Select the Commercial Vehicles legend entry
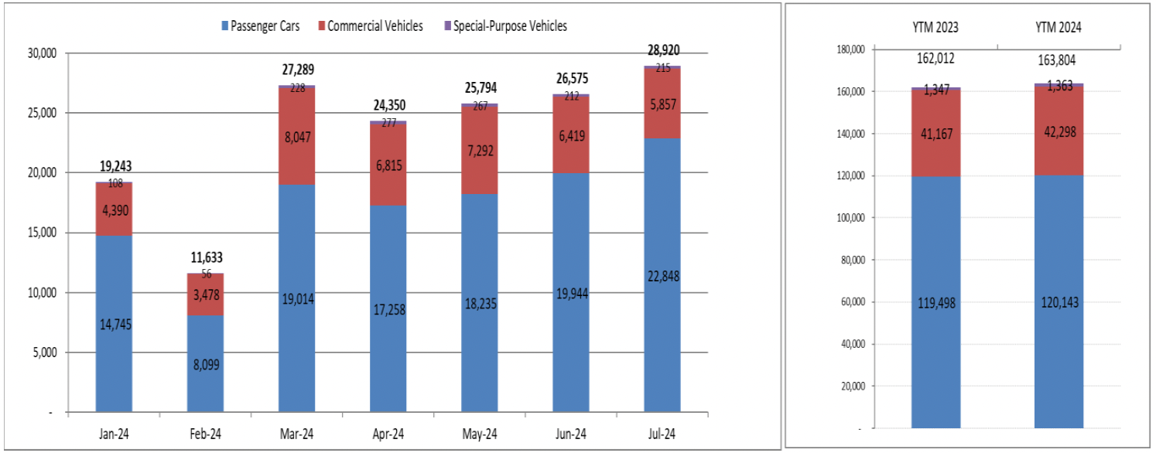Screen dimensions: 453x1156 click(x=375, y=26)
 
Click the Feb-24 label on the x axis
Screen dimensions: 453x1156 click(x=205, y=434)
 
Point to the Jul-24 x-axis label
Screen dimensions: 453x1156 click(x=662, y=434)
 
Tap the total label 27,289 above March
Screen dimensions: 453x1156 click(x=297, y=70)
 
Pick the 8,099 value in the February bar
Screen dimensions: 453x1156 click(x=205, y=364)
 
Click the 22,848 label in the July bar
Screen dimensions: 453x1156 click(x=662, y=275)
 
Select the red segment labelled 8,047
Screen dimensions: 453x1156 click(x=297, y=137)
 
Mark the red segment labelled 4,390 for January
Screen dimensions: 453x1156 click(x=114, y=209)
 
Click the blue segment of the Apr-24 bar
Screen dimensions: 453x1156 click(x=388, y=309)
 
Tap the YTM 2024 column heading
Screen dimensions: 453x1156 click(x=1059, y=28)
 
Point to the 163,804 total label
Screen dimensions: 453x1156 click(x=1059, y=61)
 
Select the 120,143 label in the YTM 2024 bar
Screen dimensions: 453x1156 click(x=1059, y=302)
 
